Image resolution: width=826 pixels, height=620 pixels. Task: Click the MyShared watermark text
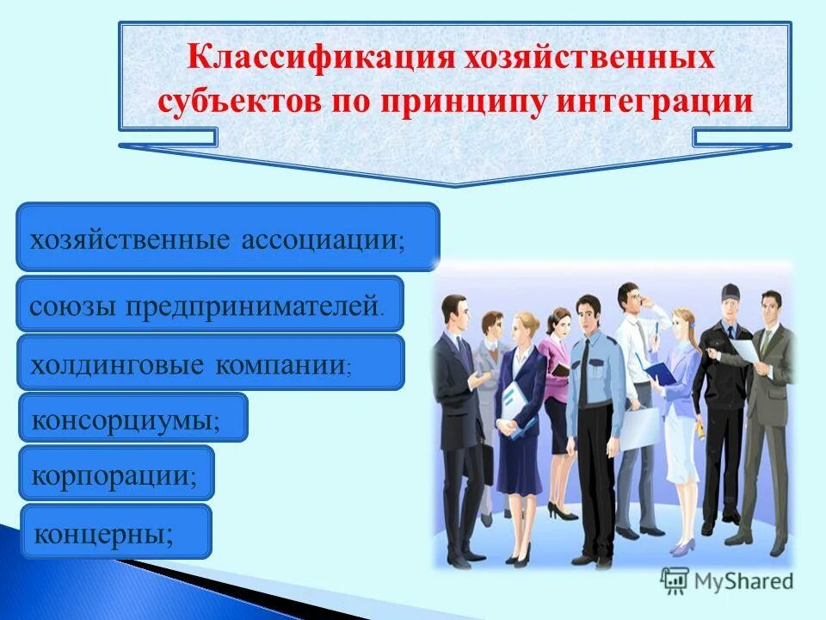click(x=743, y=581)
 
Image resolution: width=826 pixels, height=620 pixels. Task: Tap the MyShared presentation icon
click(x=675, y=580)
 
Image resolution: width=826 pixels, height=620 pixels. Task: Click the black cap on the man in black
click(x=730, y=291)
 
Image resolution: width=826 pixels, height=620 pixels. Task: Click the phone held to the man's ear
click(x=644, y=305)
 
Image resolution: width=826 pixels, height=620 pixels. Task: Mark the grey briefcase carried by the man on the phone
click(x=638, y=426)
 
